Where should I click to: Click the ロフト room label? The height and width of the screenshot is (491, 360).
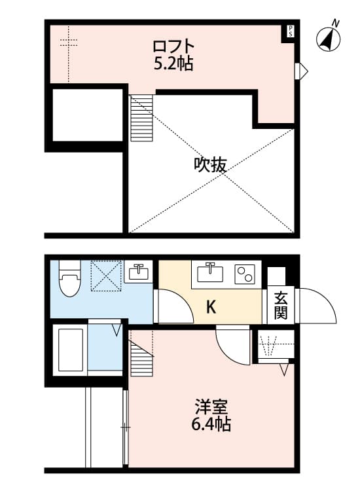(173, 46)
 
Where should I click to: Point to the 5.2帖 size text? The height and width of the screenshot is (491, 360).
(173, 64)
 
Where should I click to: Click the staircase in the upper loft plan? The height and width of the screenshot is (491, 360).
(141, 118)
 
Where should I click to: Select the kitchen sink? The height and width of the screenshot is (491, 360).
(210, 272)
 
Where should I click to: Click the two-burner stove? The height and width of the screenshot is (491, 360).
(245, 274)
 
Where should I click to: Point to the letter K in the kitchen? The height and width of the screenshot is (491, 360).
(211, 306)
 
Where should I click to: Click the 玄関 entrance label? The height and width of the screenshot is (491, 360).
(281, 306)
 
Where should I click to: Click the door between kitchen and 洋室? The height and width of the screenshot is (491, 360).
(233, 344)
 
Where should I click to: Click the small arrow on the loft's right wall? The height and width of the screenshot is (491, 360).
(302, 71)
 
